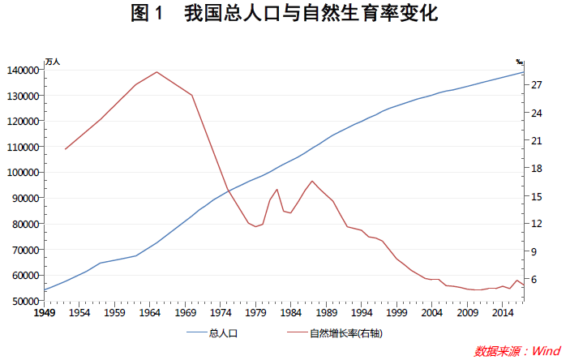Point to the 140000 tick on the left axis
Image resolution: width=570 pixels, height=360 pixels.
(22, 70)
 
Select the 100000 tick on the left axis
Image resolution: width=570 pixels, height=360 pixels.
(22, 173)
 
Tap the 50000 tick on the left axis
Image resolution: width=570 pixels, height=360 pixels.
(24, 301)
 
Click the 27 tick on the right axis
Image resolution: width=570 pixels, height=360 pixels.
(536, 85)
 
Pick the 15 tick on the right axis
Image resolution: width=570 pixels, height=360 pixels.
(536, 196)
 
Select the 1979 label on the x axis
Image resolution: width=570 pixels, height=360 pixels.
(256, 313)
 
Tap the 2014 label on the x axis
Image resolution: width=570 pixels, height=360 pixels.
(504, 313)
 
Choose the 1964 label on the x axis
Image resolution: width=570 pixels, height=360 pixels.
(150, 313)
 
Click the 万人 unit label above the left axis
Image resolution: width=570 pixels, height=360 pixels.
(53, 62)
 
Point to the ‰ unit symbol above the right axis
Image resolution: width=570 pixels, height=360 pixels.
(520, 62)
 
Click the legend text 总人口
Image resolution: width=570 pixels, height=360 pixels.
(222, 333)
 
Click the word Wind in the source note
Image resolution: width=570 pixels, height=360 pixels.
(546, 351)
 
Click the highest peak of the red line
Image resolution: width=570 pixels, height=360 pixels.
(156, 72)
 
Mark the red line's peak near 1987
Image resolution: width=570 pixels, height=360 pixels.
(312, 181)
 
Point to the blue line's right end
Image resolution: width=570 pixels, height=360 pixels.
(523, 72)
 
